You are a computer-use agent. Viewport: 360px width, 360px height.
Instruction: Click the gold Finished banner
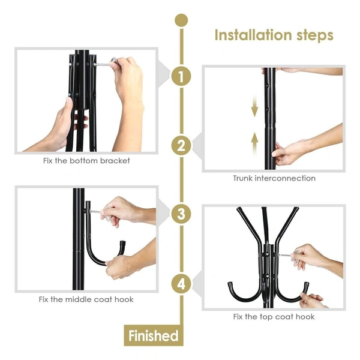click(x=153, y=335)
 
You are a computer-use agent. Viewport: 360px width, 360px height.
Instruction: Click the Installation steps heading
click(x=274, y=35)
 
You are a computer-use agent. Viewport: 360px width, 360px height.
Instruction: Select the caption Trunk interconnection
click(x=274, y=178)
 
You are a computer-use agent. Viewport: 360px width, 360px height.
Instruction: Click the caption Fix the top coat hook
click(x=274, y=317)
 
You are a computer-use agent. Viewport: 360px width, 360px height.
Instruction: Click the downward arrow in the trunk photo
click(x=254, y=110)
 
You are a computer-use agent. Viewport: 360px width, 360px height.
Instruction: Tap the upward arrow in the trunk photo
click(x=254, y=142)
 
